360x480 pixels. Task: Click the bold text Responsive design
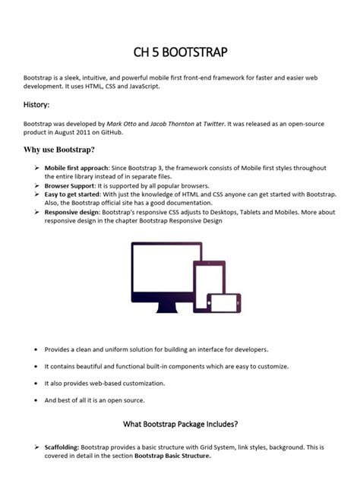[73, 213]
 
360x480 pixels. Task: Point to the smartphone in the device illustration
[226, 303]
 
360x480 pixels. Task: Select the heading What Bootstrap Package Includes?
[180, 423]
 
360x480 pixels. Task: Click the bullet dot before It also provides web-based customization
[36, 384]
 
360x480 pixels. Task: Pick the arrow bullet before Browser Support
[36, 185]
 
